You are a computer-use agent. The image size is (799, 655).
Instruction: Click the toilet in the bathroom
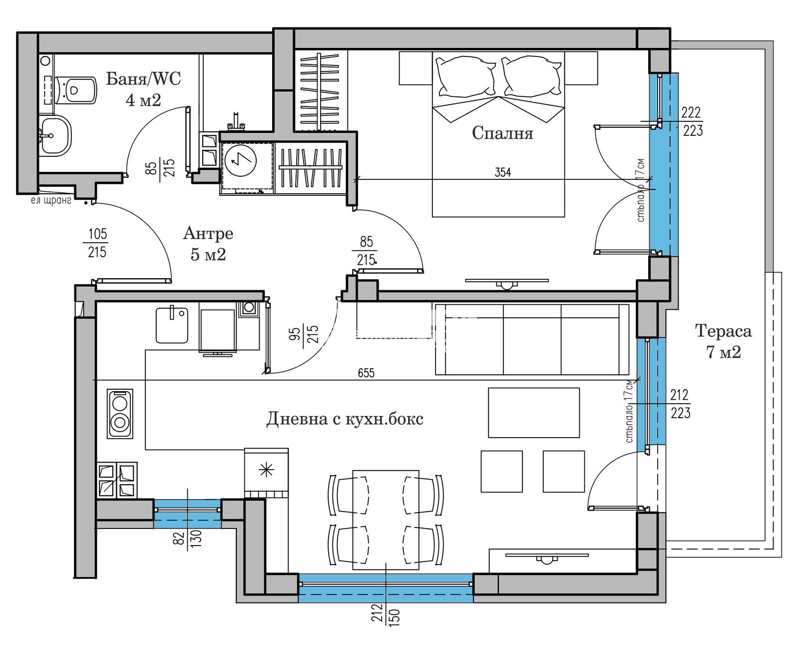[75, 90]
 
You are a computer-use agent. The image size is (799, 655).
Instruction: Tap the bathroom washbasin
[55, 136]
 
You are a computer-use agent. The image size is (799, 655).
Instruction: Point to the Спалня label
[502, 133]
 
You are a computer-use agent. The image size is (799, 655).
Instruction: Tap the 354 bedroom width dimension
[503, 172]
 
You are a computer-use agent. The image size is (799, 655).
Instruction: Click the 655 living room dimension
[366, 373]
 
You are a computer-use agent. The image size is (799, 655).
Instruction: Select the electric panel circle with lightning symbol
[241, 160]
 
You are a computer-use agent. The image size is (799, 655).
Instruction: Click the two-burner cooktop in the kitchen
[120, 414]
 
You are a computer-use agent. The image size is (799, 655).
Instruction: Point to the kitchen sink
[172, 324]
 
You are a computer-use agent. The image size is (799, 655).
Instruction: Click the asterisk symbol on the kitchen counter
[266, 471]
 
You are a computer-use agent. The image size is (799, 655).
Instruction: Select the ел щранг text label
[51, 200]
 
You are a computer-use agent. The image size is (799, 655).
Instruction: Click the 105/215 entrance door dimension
[97, 243]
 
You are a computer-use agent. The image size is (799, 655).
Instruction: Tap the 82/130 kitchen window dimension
[188, 538]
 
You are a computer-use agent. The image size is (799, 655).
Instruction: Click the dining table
[386, 520]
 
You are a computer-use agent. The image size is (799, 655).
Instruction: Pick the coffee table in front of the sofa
[533, 412]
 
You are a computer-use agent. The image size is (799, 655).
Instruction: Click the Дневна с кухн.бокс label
[345, 419]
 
